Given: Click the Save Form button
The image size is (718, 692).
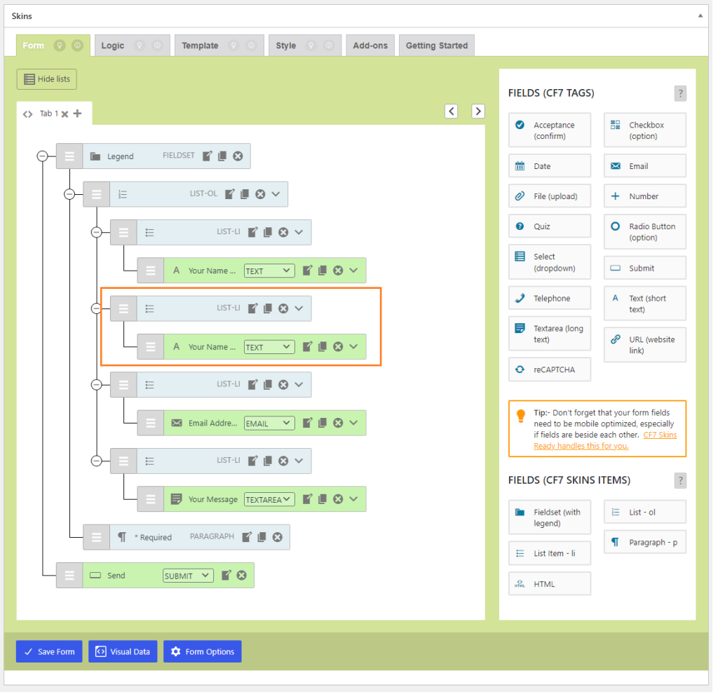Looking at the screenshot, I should click(x=49, y=651).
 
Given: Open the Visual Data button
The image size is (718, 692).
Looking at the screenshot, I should click(x=123, y=651).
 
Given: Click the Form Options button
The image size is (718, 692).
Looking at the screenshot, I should click(x=203, y=651).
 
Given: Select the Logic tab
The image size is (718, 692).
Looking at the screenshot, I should click(x=112, y=46).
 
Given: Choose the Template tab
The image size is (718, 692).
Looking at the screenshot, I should click(x=200, y=46).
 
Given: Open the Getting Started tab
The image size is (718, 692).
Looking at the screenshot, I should click(x=436, y=46).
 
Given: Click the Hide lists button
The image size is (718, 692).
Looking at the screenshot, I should click(x=47, y=79).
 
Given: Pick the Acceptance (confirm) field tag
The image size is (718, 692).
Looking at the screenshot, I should click(x=550, y=130).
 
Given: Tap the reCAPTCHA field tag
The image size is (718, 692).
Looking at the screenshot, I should click(x=550, y=369).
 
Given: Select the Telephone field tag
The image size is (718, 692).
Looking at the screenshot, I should click(x=550, y=298).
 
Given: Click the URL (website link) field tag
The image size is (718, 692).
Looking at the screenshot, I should click(x=644, y=345).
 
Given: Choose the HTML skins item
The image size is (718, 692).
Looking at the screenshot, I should click(x=550, y=584).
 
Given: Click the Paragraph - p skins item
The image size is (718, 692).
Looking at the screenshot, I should click(x=644, y=542).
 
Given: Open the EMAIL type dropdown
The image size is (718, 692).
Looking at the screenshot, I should click(x=269, y=423).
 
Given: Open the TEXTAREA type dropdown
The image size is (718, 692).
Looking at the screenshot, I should click(x=269, y=500).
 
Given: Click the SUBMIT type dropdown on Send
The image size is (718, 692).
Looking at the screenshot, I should click(x=188, y=576).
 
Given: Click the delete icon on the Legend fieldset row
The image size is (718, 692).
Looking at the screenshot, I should click(x=238, y=156).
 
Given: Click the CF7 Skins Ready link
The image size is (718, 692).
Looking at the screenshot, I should click(x=659, y=435).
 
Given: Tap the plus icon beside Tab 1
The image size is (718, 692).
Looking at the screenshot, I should click(x=77, y=114).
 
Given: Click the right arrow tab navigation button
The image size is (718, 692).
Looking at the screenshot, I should click(x=477, y=111).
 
